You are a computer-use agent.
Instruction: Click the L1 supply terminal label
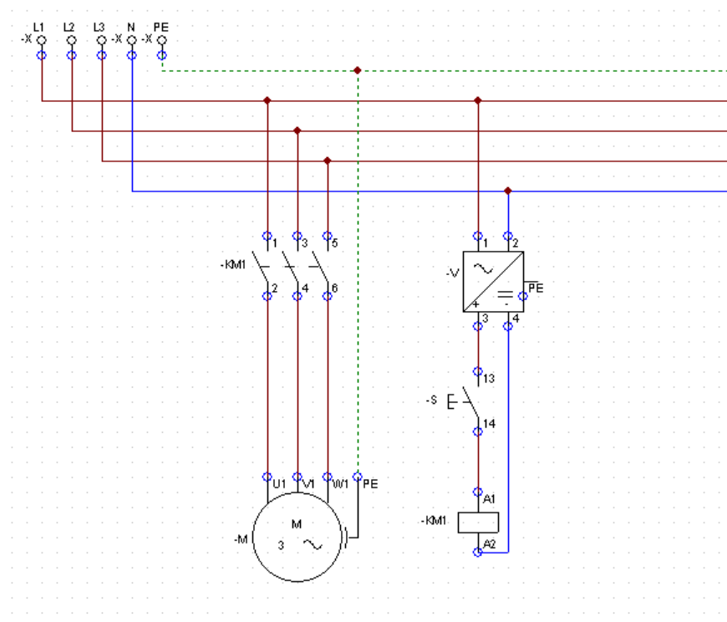click(x=38, y=28)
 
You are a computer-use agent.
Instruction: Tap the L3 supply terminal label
click(x=99, y=28)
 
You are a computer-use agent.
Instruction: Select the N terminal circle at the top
click(x=132, y=40)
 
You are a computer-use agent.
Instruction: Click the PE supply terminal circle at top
click(x=162, y=40)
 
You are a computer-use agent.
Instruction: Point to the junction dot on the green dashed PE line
click(x=358, y=70)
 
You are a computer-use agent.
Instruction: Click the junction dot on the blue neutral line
click(x=508, y=191)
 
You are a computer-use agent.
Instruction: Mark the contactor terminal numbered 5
click(x=335, y=242)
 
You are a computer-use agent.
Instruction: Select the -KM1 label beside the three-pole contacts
click(x=233, y=265)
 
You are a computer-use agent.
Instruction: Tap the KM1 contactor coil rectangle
click(x=478, y=523)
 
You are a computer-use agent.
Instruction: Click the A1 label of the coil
click(x=489, y=499)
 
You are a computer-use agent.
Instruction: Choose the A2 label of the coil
click(x=490, y=544)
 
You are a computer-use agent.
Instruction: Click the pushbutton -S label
click(x=432, y=400)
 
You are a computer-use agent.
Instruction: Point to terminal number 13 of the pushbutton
click(x=489, y=379)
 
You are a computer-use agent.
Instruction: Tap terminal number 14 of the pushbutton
click(x=489, y=424)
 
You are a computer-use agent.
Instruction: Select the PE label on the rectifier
click(x=536, y=288)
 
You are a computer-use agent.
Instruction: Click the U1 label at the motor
click(x=279, y=484)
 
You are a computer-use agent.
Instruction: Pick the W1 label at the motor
click(x=340, y=484)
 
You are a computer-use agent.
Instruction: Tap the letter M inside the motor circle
click(x=297, y=524)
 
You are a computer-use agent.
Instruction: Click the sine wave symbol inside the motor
click(x=313, y=544)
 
